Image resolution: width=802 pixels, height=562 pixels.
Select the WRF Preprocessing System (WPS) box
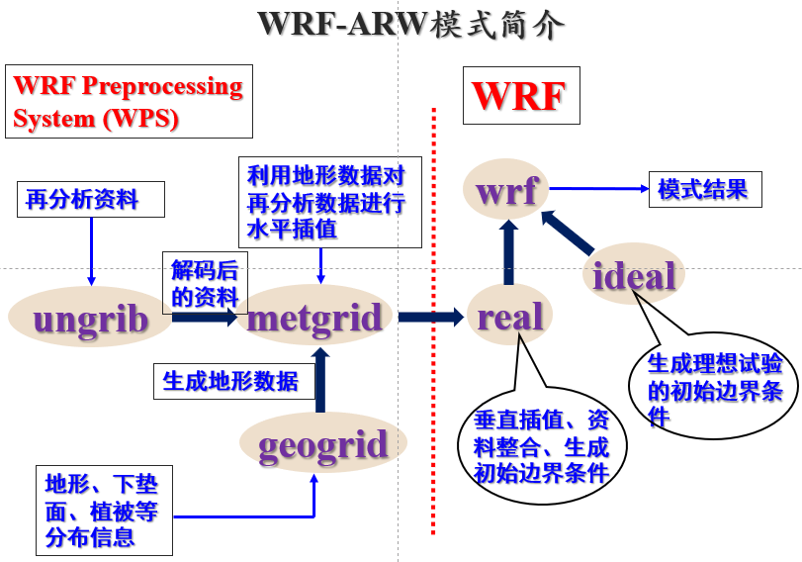click(129, 101)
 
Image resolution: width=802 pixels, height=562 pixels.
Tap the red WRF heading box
click(520, 95)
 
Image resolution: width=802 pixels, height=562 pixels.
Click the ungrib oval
click(91, 319)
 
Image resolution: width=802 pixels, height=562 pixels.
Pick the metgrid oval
click(314, 317)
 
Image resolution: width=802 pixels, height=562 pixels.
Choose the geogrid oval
click(322, 444)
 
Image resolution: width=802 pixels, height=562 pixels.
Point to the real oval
click(510, 317)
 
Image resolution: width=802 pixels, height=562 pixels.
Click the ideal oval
click(634, 275)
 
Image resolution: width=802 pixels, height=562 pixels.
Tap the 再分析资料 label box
click(91, 201)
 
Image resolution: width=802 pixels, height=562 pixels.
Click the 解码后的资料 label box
click(205, 283)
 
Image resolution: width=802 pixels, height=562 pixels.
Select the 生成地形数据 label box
click(233, 381)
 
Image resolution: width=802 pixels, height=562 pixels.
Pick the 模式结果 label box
click(704, 189)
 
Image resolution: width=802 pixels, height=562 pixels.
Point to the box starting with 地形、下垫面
click(104, 509)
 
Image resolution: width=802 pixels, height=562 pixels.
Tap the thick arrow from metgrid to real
click(431, 318)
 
